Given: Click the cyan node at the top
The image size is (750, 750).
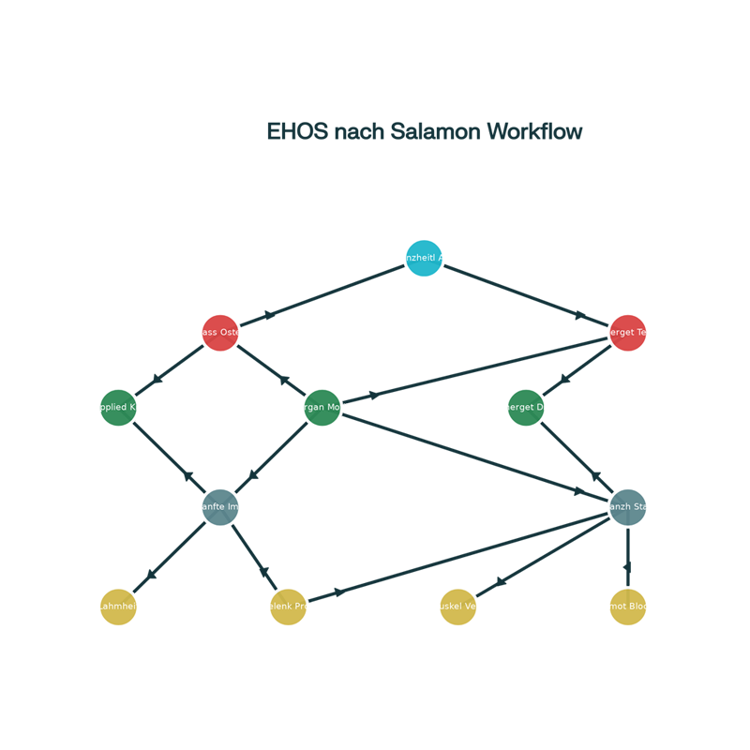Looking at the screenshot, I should pos(424,258).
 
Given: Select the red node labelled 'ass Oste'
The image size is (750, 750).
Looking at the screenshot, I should pos(220,333).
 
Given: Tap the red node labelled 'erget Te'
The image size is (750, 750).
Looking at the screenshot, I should pos(627,333).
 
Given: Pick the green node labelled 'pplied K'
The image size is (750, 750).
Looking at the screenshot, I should pos(119,408).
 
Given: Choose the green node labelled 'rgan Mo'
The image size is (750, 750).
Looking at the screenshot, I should pos(322,408).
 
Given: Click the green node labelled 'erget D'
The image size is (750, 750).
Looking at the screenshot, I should pos(526,408).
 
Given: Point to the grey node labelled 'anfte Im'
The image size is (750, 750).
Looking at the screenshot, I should pos(220,507).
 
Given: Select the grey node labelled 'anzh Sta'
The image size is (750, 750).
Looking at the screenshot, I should pos(627,507).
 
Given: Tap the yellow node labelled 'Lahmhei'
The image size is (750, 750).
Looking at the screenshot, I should pos(119,607).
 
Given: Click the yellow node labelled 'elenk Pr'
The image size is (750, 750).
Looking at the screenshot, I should pos(288,607).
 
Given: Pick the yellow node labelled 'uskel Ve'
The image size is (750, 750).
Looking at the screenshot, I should pos(457,607).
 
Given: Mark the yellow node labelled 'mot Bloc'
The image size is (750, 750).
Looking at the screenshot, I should pos(627,607).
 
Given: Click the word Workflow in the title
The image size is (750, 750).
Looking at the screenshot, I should pos(534,132).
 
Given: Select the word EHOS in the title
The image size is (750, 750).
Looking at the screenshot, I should pos(296,132).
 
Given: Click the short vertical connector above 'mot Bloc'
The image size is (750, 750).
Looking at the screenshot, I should pos(627,553).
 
